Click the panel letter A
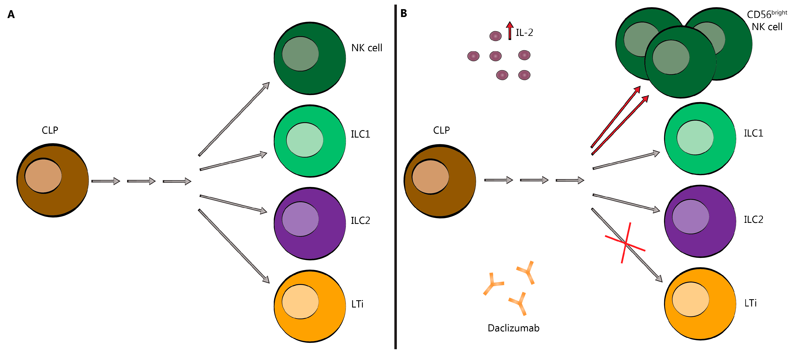(11, 15)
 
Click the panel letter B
(403, 13)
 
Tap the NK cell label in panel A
(367, 48)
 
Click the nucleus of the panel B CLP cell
(430, 177)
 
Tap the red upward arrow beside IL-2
(510, 30)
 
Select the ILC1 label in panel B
(753, 133)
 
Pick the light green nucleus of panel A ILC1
(305, 140)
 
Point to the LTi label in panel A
(357, 304)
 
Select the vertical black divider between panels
(396, 178)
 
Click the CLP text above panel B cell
(441, 131)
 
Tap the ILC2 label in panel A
(360, 220)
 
